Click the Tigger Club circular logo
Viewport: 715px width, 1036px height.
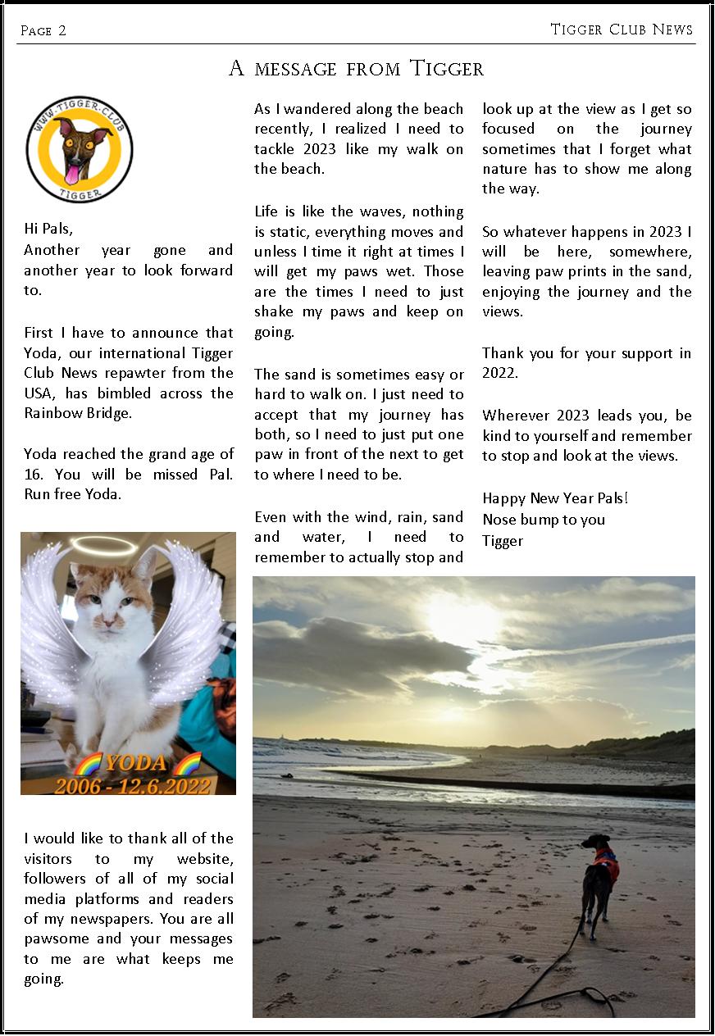80,149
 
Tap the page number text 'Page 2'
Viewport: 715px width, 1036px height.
43,31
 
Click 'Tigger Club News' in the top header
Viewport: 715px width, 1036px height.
622,30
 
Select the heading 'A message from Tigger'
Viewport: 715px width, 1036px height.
356,69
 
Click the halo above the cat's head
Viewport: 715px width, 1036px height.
103,544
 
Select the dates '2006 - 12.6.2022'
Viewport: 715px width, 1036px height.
131,785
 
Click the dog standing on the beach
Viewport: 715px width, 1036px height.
599,881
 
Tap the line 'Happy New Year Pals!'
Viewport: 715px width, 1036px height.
555,498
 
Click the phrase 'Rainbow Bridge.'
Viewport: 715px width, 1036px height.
78,413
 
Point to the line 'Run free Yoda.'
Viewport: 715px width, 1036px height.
73,493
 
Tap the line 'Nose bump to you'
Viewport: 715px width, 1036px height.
544,519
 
